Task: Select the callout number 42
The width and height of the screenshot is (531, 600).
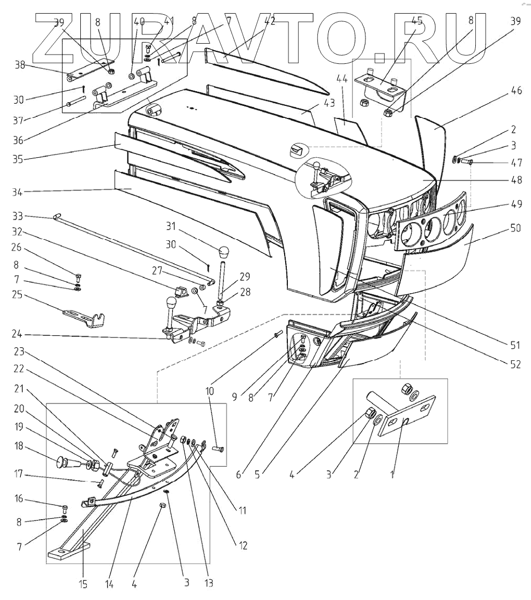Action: coord(269,21)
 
